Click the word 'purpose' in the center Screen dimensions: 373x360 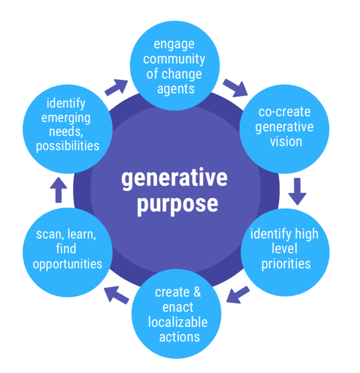(177, 204)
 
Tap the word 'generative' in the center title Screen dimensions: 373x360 (174, 179)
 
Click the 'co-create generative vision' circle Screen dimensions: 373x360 (284, 126)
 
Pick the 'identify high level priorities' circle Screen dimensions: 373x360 (285, 249)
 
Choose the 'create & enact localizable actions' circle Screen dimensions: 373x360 (176, 314)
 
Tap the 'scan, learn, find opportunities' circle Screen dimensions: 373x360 (67, 249)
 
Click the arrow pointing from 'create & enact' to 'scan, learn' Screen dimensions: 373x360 (117, 295)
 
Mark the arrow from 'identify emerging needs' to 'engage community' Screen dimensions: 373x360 (116, 87)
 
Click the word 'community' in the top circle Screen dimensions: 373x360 (174, 59)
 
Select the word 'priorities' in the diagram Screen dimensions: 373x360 (286, 263)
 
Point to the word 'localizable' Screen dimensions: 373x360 (178, 322)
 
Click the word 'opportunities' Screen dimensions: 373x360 (67, 264)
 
